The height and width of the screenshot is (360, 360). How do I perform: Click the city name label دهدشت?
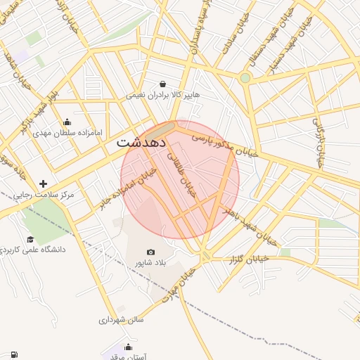click(141, 141)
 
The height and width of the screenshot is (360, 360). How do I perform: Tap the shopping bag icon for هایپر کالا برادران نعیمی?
click(163, 84)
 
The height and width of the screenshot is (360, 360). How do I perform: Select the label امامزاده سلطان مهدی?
click(77, 131)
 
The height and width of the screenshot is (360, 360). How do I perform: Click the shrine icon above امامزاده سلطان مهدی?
click(67, 121)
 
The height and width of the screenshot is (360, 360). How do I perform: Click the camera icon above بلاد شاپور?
click(150, 252)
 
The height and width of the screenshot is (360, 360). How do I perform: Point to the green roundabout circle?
click(245, 77)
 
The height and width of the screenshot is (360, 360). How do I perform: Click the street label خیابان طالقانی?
click(187, 176)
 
